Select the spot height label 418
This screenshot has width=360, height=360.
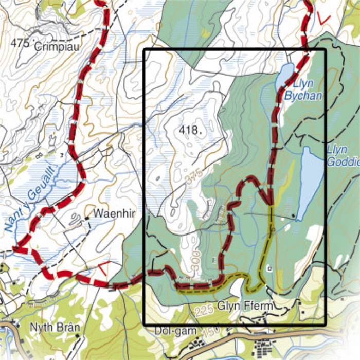pyautogui.click(x=190, y=130)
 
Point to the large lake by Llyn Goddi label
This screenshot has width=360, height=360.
pyautogui.click(x=310, y=180)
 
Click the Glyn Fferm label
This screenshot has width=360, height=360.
pyautogui.click(x=244, y=306)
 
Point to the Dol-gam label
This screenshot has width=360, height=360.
pyautogui.click(x=169, y=331)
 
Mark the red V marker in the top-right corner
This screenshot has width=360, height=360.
pyautogui.click(x=324, y=18)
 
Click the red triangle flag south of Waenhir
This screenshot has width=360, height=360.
pyautogui.click(x=103, y=268)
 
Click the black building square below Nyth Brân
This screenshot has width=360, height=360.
pyautogui.click(x=77, y=336)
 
